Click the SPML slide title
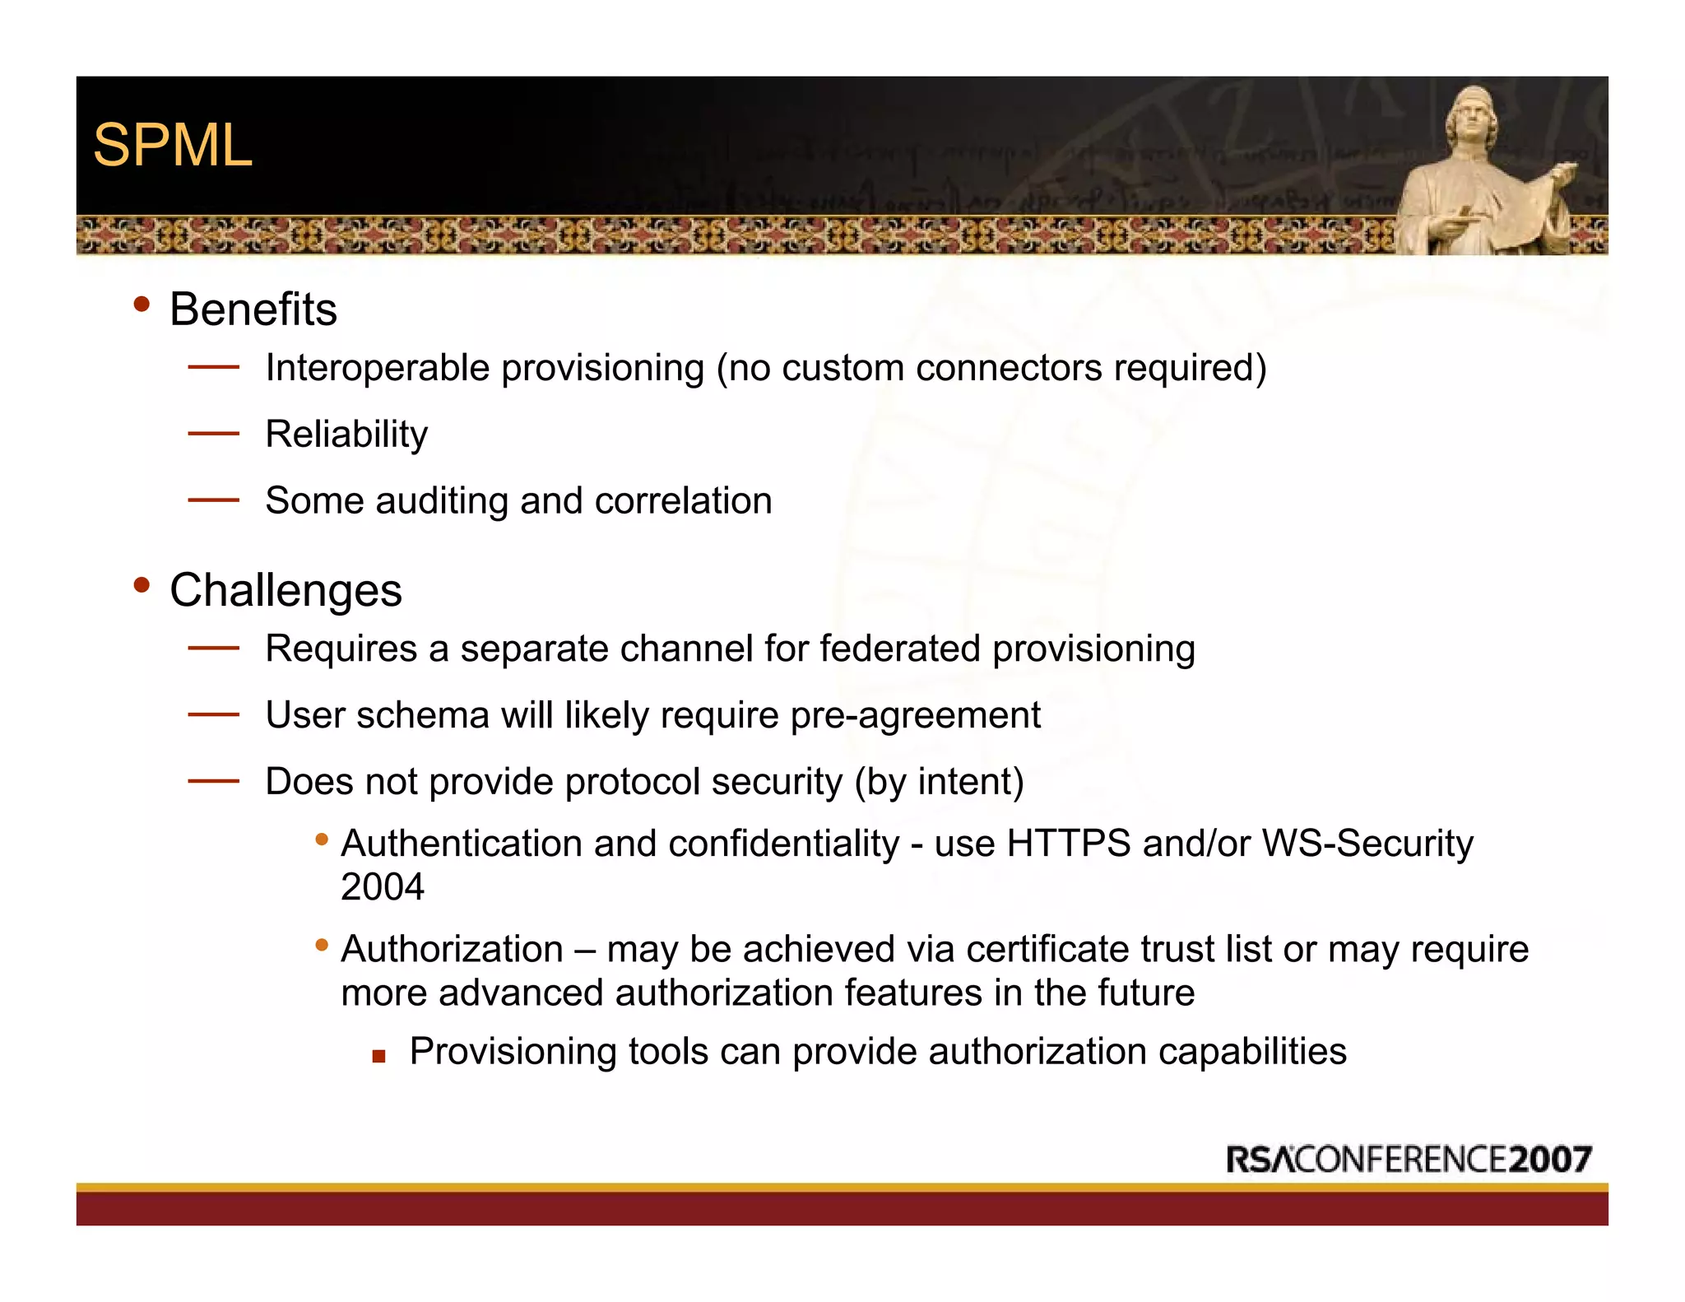(x=173, y=146)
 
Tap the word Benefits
(x=253, y=309)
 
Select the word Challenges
(x=285, y=590)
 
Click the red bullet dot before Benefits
(x=142, y=305)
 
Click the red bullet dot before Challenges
(x=142, y=585)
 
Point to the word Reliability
(x=346, y=435)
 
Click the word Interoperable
(x=378, y=368)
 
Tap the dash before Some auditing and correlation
(x=213, y=500)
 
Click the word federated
(x=900, y=649)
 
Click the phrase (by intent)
(x=939, y=782)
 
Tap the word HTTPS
(x=1068, y=844)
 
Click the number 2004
(x=383, y=887)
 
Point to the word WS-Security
(x=1367, y=844)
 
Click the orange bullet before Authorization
(x=322, y=945)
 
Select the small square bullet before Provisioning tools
(x=378, y=1056)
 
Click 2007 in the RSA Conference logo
(x=1551, y=1160)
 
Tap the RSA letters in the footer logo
(x=1260, y=1160)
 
